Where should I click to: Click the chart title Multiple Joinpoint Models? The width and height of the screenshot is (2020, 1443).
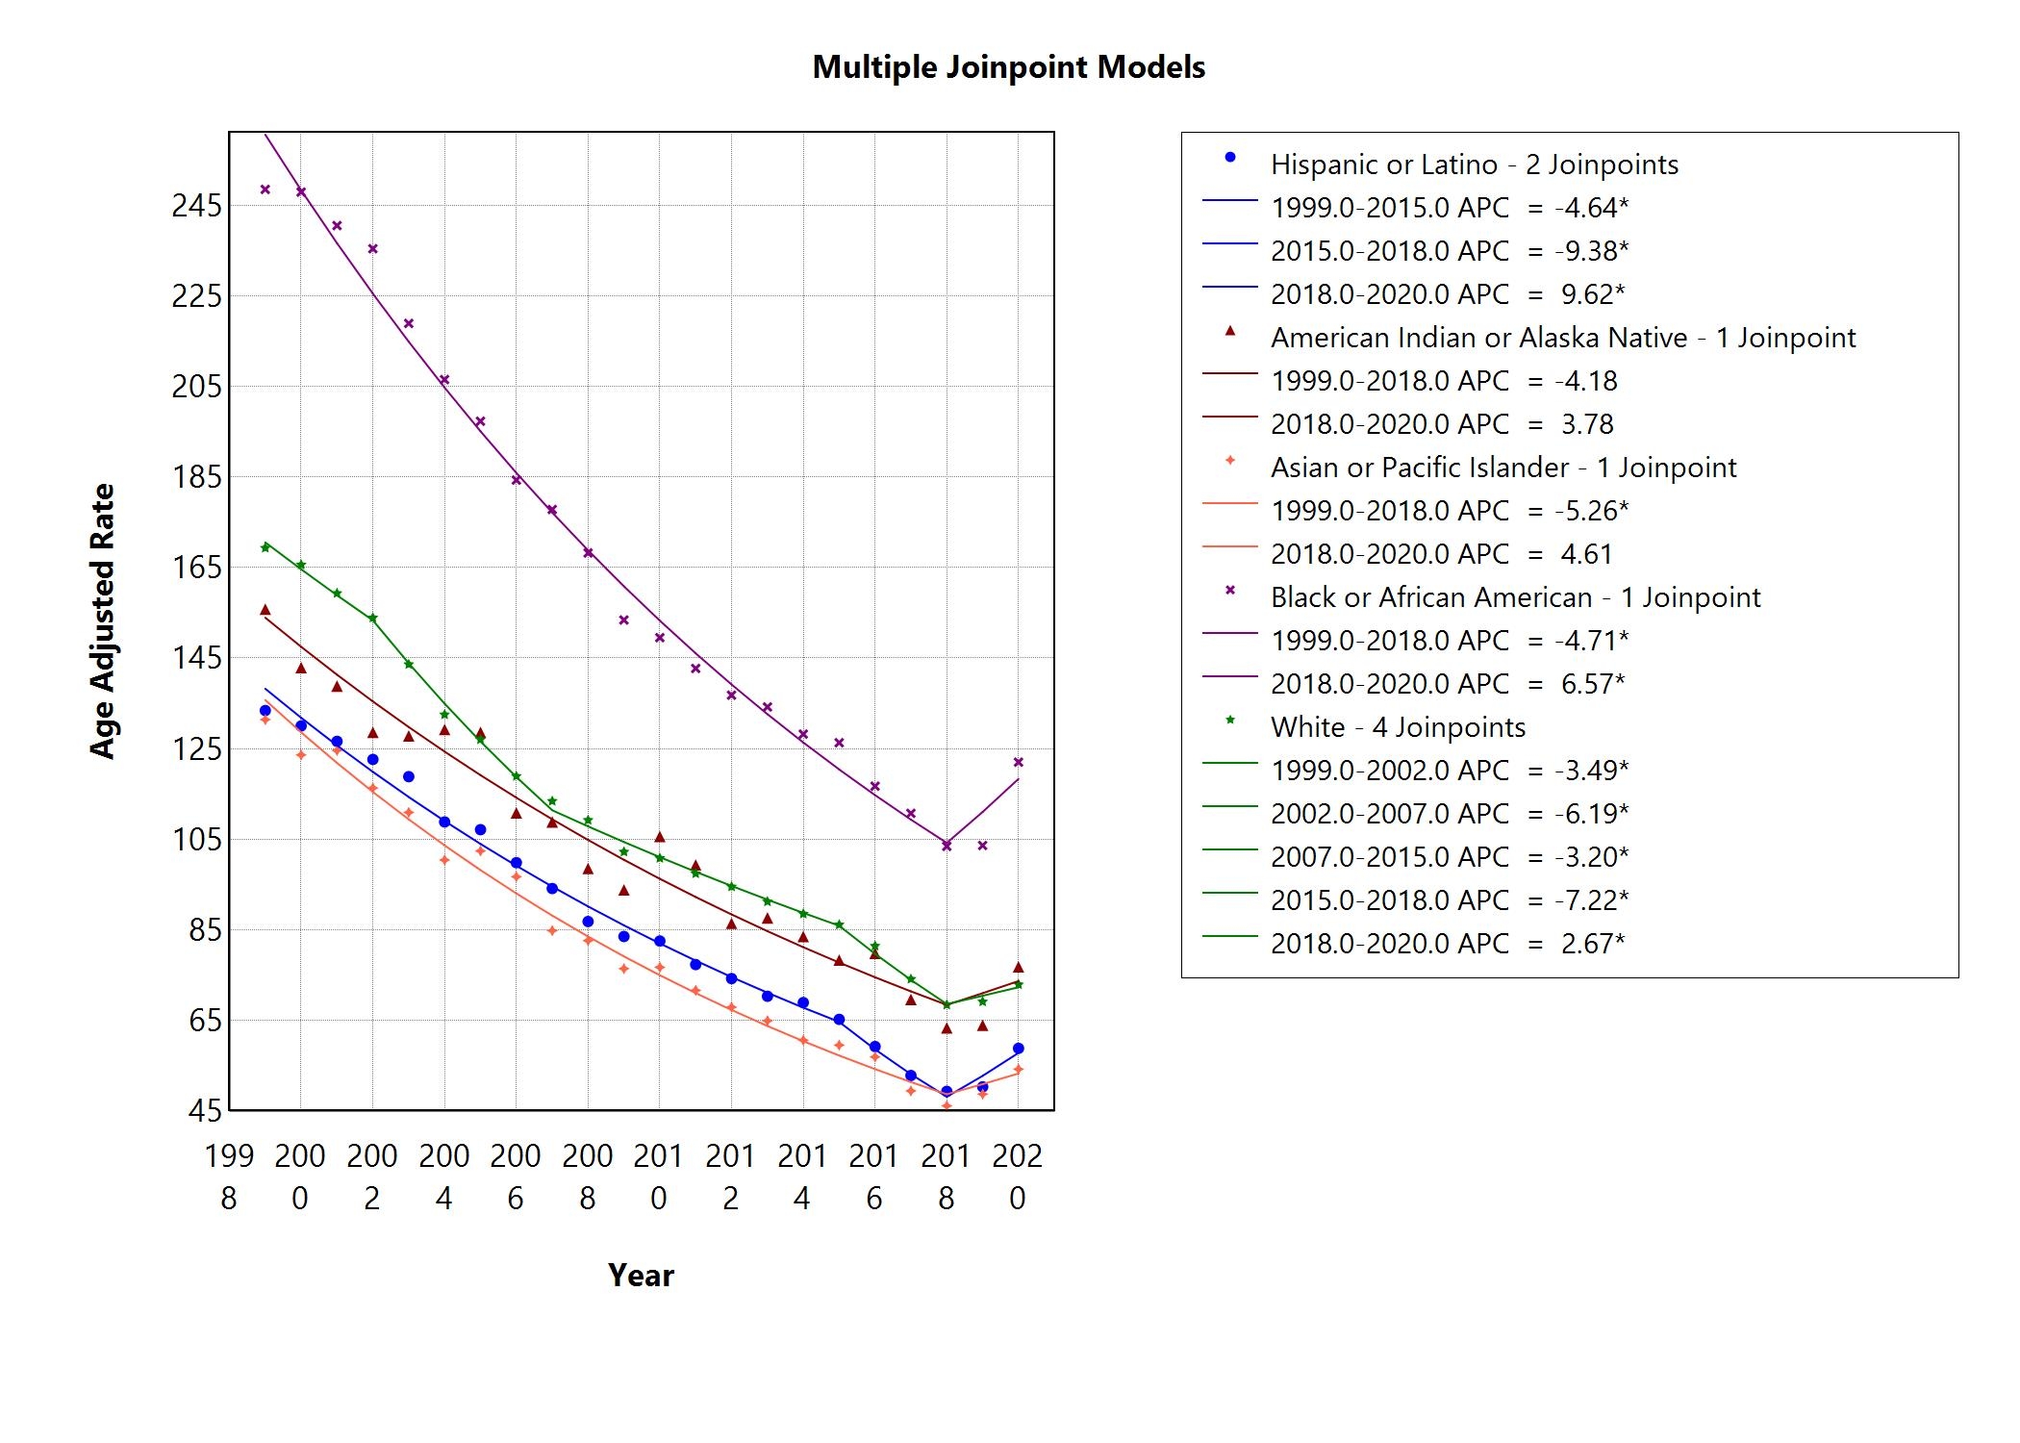point(1008,67)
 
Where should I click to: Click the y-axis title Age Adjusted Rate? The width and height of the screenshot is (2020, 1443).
point(102,621)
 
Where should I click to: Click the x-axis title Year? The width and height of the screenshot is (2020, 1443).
point(641,1276)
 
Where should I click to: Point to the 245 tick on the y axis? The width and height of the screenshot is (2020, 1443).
point(196,205)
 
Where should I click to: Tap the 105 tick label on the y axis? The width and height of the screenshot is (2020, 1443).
point(196,839)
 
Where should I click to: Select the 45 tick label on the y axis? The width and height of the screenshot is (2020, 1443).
point(205,1111)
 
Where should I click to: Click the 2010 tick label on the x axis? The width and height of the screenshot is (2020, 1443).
point(659,1176)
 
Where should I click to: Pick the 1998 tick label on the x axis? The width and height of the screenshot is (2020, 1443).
point(229,1176)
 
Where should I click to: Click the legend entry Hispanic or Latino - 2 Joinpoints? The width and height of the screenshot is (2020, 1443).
point(1474,165)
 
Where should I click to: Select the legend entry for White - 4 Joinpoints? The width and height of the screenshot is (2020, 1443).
point(1398,727)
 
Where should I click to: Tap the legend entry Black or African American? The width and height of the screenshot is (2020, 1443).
point(1515,597)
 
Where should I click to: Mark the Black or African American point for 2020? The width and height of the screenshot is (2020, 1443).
point(1019,762)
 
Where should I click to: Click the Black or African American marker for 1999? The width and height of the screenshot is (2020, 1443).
point(265,190)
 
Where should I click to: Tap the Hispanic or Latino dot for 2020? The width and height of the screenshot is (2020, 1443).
point(1019,1049)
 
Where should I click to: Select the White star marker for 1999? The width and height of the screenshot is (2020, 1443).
point(265,547)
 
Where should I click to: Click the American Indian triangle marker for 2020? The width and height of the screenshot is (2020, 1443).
point(1019,967)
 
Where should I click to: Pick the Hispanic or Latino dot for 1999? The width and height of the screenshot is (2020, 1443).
point(265,711)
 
